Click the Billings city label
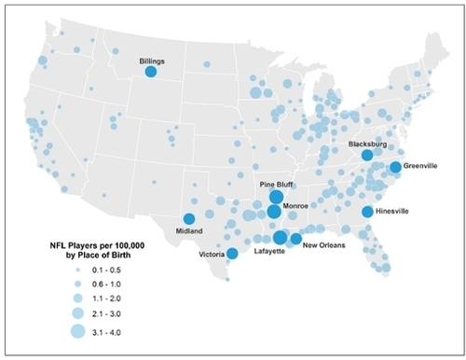click(152, 61)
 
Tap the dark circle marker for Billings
click(152, 71)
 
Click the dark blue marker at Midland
click(190, 219)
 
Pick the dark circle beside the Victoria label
click(232, 253)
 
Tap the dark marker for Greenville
click(395, 167)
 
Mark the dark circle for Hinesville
click(368, 212)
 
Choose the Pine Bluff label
click(277, 185)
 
